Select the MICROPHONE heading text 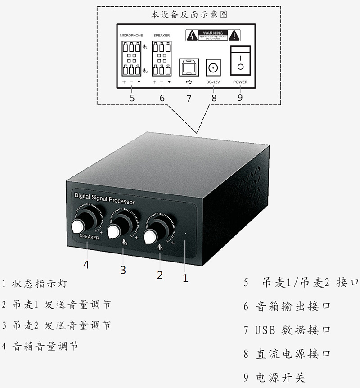click(131, 35)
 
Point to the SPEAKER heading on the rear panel click(162, 35)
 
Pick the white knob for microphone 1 click(150, 236)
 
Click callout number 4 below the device click(86, 264)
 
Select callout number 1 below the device click(185, 278)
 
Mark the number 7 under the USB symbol click(189, 98)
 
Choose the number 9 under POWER click(240, 98)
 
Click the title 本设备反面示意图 click(189, 14)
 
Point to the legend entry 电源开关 click(281, 377)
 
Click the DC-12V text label click(214, 82)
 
